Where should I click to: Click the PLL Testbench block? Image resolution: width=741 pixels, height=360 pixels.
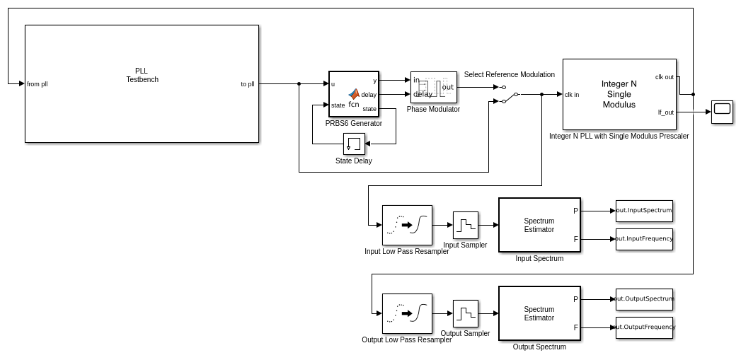142,83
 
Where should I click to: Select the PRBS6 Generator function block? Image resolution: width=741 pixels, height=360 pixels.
354,93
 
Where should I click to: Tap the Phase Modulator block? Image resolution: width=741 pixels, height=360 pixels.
433,87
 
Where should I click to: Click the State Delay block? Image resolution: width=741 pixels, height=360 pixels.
354,144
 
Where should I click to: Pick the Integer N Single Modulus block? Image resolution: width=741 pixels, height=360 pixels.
619,94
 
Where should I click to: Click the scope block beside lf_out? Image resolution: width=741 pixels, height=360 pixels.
722,111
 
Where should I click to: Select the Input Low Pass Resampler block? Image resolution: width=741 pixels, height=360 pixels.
407,225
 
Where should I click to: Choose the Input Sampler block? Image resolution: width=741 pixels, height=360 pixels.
465,225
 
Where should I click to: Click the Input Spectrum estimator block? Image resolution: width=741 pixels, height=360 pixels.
539,225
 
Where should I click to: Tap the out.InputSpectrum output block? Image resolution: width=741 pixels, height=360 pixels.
644,211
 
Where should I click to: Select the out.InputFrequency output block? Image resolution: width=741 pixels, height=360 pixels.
644,239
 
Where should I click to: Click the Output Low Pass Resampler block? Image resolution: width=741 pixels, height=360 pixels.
407,313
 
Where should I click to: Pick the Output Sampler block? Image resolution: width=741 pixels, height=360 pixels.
465,313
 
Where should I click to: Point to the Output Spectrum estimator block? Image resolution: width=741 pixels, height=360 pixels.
539,313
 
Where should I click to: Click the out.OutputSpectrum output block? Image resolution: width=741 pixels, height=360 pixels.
644,299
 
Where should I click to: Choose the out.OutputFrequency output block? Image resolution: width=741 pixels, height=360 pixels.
644,327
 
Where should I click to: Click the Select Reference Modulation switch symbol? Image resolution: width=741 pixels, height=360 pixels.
510,94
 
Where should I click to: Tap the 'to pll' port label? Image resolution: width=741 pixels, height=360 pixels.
247,84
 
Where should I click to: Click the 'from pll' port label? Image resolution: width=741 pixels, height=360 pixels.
38,84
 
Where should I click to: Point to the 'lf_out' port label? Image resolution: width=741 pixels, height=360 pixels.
665,112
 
